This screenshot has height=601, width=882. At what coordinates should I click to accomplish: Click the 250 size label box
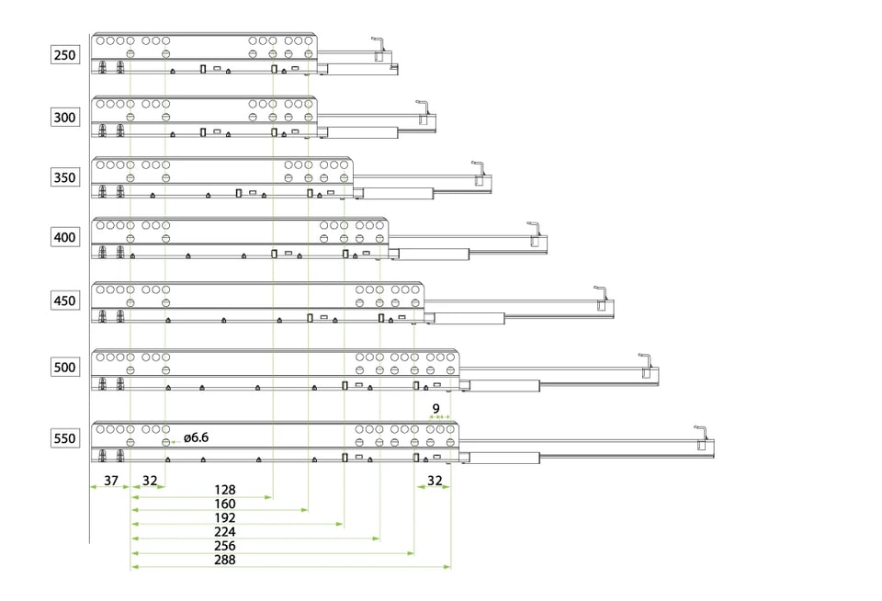pyautogui.click(x=64, y=54)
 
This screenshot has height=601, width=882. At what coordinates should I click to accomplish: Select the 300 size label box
pyautogui.click(x=64, y=117)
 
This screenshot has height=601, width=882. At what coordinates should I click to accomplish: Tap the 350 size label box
pyautogui.click(x=64, y=177)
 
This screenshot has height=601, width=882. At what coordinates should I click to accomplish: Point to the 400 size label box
pyautogui.click(x=64, y=237)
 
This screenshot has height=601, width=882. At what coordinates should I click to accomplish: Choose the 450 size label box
pyautogui.click(x=64, y=300)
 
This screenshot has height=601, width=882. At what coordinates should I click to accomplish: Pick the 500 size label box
pyautogui.click(x=64, y=367)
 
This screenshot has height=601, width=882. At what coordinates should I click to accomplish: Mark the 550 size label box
pyautogui.click(x=64, y=437)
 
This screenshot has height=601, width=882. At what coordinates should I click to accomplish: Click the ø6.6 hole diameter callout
pyautogui.click(x=197, y=437)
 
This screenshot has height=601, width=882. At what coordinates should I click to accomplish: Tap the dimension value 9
pyautogui.click(x=435, y=408)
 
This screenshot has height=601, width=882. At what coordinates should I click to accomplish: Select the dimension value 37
pyautogui.click(x=111, y=480)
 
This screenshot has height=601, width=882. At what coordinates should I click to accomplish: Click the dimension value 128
pyautogui.click(x=225, y=490)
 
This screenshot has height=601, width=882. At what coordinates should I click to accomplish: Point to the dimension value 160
pyautogui.click(x=225, y=504)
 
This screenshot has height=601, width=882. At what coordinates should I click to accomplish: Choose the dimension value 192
pyautogui.click(x=225, y=517)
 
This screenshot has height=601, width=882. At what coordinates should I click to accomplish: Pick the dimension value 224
pyautogui.click(x=225, y=532)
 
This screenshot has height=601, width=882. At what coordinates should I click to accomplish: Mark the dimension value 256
pyautogui.click(x=225, y=546)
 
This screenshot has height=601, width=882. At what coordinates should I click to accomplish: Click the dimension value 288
pyautogui.click(x=225, y=560)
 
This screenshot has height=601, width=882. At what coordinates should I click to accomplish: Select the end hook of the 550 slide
pyautogui.click(x=700, y=434)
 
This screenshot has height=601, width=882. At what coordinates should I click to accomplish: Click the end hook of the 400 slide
pyautogui.click(x=534, y=230)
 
